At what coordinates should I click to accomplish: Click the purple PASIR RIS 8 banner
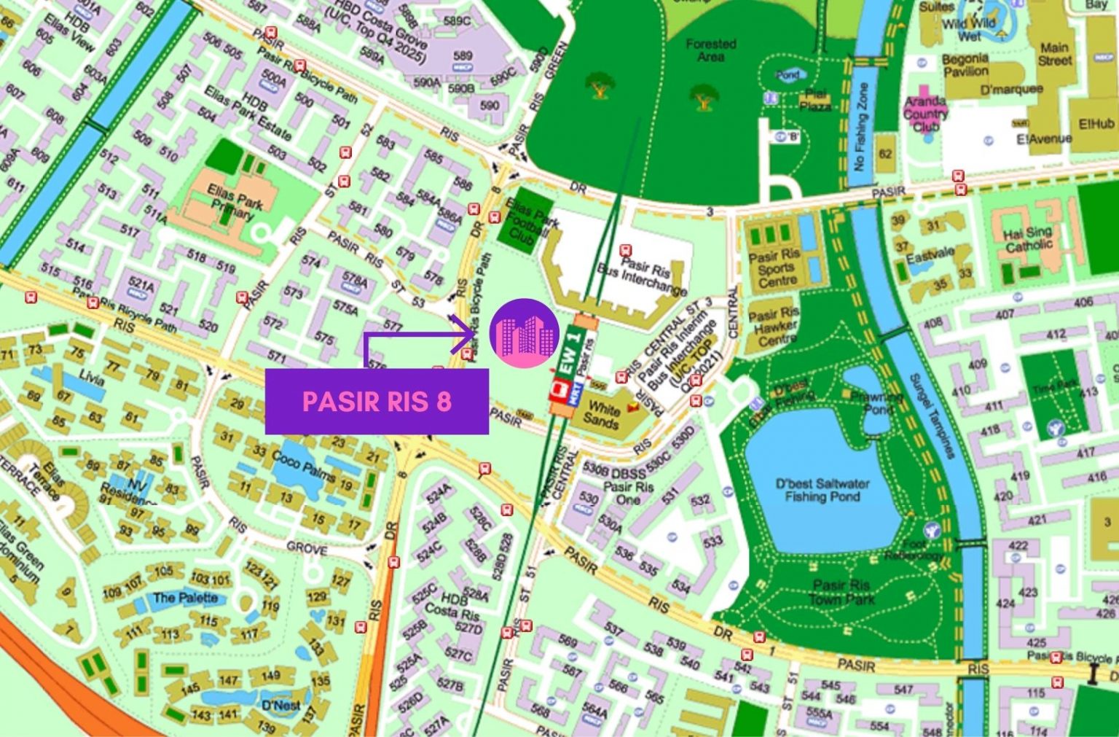(x=376, y=402)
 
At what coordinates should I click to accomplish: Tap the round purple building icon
(x=524, y=332)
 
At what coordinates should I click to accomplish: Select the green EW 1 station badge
(x=570, y=350)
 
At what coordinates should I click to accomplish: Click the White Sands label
(x=602, y=414)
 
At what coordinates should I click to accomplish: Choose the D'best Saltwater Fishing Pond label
(x=822, y=490)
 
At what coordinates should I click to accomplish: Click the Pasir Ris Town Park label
(x=841, y=592)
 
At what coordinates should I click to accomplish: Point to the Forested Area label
(x=710, y=50)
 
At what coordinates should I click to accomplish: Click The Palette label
(x=185, y=598)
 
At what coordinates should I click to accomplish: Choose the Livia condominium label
(x=92, y=377)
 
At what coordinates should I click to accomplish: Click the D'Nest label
(x=280, y=705)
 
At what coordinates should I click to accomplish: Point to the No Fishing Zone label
(x=862, y=125)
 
